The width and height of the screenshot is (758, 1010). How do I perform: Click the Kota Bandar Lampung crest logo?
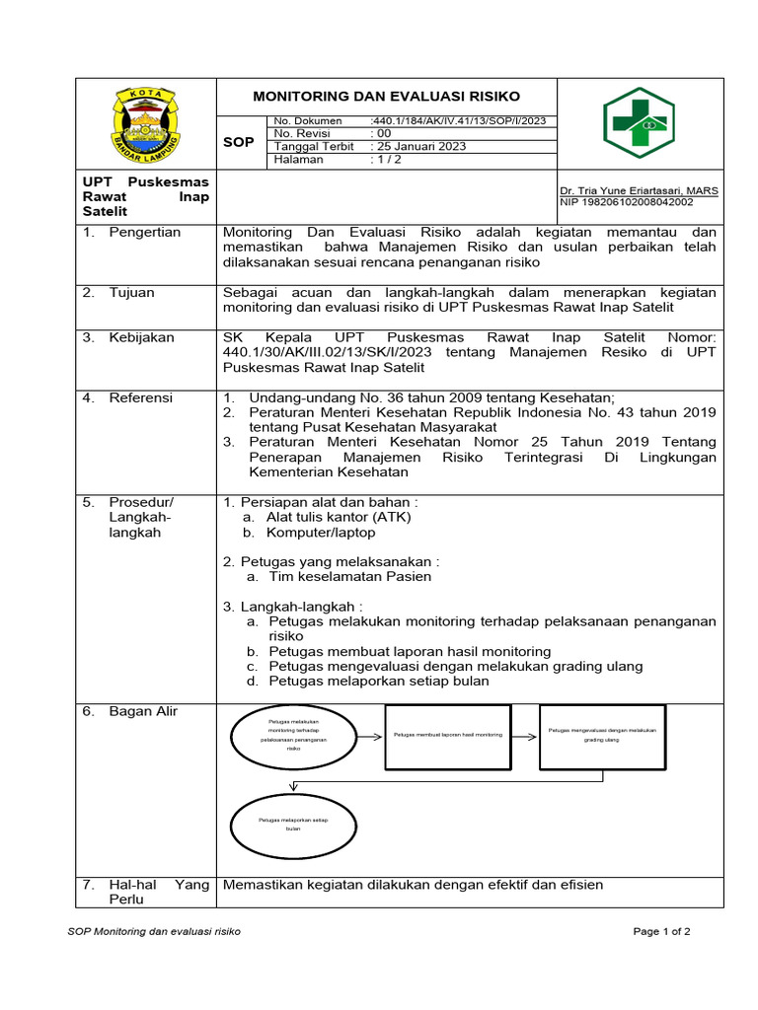[x=148, y=125]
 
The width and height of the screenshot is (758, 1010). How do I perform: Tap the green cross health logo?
[x=640, y=124]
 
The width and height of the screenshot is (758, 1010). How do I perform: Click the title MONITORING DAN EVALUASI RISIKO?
[x=387, y=97]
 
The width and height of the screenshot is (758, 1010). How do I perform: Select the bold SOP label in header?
[x=238, y=142]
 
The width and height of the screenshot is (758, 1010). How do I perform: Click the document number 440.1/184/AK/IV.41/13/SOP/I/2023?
[x=457, y=121]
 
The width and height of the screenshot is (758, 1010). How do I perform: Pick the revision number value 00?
[x=381, y=134]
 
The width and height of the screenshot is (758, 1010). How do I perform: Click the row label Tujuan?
[x=131, y=293]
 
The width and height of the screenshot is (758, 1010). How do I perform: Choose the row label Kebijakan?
[x=141, y=337]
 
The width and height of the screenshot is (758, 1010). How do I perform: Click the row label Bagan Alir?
[x=143, y=711]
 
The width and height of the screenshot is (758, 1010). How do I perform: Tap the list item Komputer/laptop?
[x=321, y=533]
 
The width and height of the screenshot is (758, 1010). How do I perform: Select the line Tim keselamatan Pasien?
[x=349, y=576]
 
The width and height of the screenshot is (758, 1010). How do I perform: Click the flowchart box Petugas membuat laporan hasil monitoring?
[x=448, y=736]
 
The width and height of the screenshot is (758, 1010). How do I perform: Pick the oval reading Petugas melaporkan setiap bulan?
[x=293, y=824]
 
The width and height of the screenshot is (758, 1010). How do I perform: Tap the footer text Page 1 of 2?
[x=661, y=931]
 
